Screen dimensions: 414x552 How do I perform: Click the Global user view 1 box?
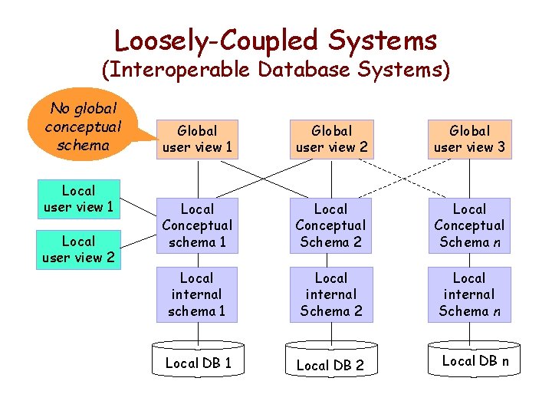197,139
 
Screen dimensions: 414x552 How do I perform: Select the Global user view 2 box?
332,139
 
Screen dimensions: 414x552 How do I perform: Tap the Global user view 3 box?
469,139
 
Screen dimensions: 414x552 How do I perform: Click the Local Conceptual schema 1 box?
197,225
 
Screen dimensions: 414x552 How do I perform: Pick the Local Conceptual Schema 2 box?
331,225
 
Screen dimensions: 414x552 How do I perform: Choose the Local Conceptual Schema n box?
469,225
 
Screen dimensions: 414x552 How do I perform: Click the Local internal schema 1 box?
197,294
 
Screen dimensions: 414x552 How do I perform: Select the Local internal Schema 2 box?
331,294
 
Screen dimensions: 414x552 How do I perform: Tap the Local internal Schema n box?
469,294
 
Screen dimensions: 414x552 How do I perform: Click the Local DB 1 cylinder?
198,363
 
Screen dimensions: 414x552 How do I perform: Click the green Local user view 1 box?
78,199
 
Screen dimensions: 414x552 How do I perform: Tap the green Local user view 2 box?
78,249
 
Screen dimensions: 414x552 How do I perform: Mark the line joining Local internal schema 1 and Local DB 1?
198,330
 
